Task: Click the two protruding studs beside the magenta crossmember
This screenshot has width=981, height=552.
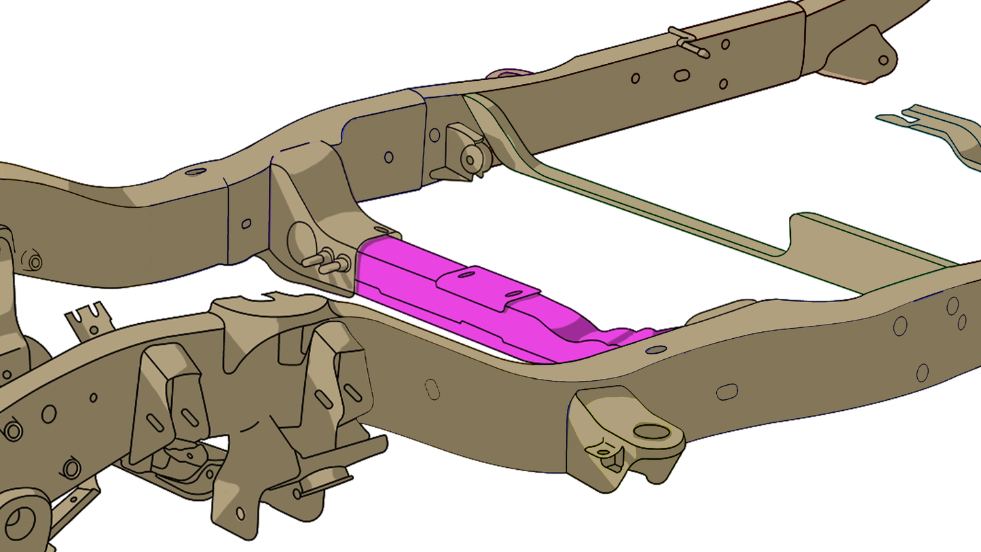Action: [327, 261]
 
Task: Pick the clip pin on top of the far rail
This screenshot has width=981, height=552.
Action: [688, 41]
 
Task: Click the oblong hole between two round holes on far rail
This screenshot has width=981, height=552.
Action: [682, 75]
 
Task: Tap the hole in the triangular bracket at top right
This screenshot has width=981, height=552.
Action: [883, 60]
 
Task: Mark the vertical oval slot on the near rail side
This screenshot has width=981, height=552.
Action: [432, 389]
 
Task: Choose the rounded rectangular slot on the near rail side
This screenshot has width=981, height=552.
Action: [726, 392]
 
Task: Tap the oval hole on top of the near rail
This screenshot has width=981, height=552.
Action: [656, 350]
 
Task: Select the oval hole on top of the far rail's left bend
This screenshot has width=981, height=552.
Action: [196, 172]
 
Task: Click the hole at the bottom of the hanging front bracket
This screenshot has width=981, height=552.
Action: [240, 514]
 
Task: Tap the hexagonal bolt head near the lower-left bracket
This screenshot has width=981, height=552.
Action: [71, 468]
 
